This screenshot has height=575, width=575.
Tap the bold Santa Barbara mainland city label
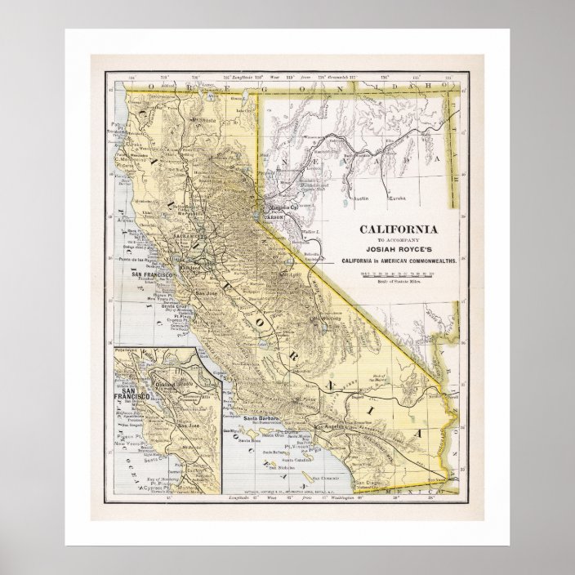(x=261, y=418)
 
